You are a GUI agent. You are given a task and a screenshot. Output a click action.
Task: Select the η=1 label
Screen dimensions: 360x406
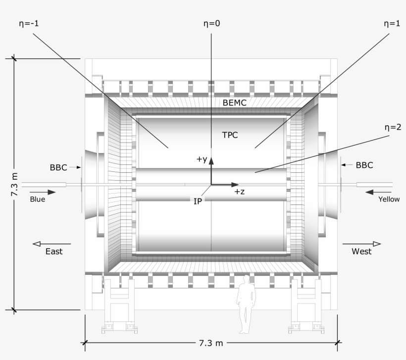[391, 23]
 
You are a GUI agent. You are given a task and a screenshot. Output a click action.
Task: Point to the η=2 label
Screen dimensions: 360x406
[391, 127]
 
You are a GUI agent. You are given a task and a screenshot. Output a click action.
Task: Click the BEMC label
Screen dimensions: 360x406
[234, 103]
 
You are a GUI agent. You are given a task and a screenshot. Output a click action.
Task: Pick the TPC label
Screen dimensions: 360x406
[230, 134]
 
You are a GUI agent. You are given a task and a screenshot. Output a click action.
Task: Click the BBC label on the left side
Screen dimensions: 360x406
[58, 167]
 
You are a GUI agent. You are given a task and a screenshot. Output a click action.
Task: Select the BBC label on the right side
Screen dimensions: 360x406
[364, 165]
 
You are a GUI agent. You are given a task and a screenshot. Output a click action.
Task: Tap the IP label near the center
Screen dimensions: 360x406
[198, 201]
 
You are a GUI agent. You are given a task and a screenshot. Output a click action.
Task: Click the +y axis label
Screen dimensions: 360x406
[201, 159]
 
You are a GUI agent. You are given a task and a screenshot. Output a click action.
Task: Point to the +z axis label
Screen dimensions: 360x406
[240, 192]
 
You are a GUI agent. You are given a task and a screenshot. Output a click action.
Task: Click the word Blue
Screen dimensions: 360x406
[37, 200]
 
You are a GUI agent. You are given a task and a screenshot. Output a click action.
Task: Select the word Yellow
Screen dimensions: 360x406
[389, 200]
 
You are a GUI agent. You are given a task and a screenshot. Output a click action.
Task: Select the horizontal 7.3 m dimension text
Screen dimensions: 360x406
[212, 343]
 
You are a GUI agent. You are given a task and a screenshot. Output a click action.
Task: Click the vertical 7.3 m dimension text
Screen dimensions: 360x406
[14, 185]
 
